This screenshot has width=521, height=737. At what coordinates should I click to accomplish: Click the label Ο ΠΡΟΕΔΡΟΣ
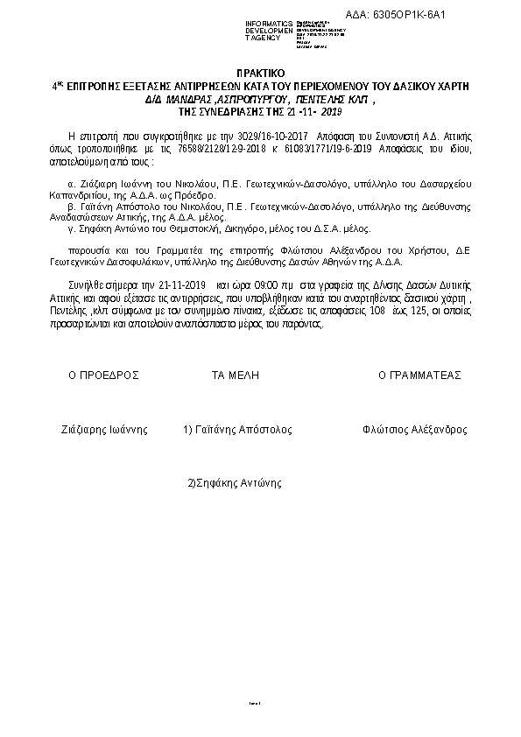click(104, 375)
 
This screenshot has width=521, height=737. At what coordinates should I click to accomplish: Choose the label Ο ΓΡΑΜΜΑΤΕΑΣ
click(420, 375)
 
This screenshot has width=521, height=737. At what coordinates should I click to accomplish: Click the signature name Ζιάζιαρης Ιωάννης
click(103, 430)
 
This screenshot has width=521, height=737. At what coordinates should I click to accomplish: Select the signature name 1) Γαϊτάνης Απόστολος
click(237, 430)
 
